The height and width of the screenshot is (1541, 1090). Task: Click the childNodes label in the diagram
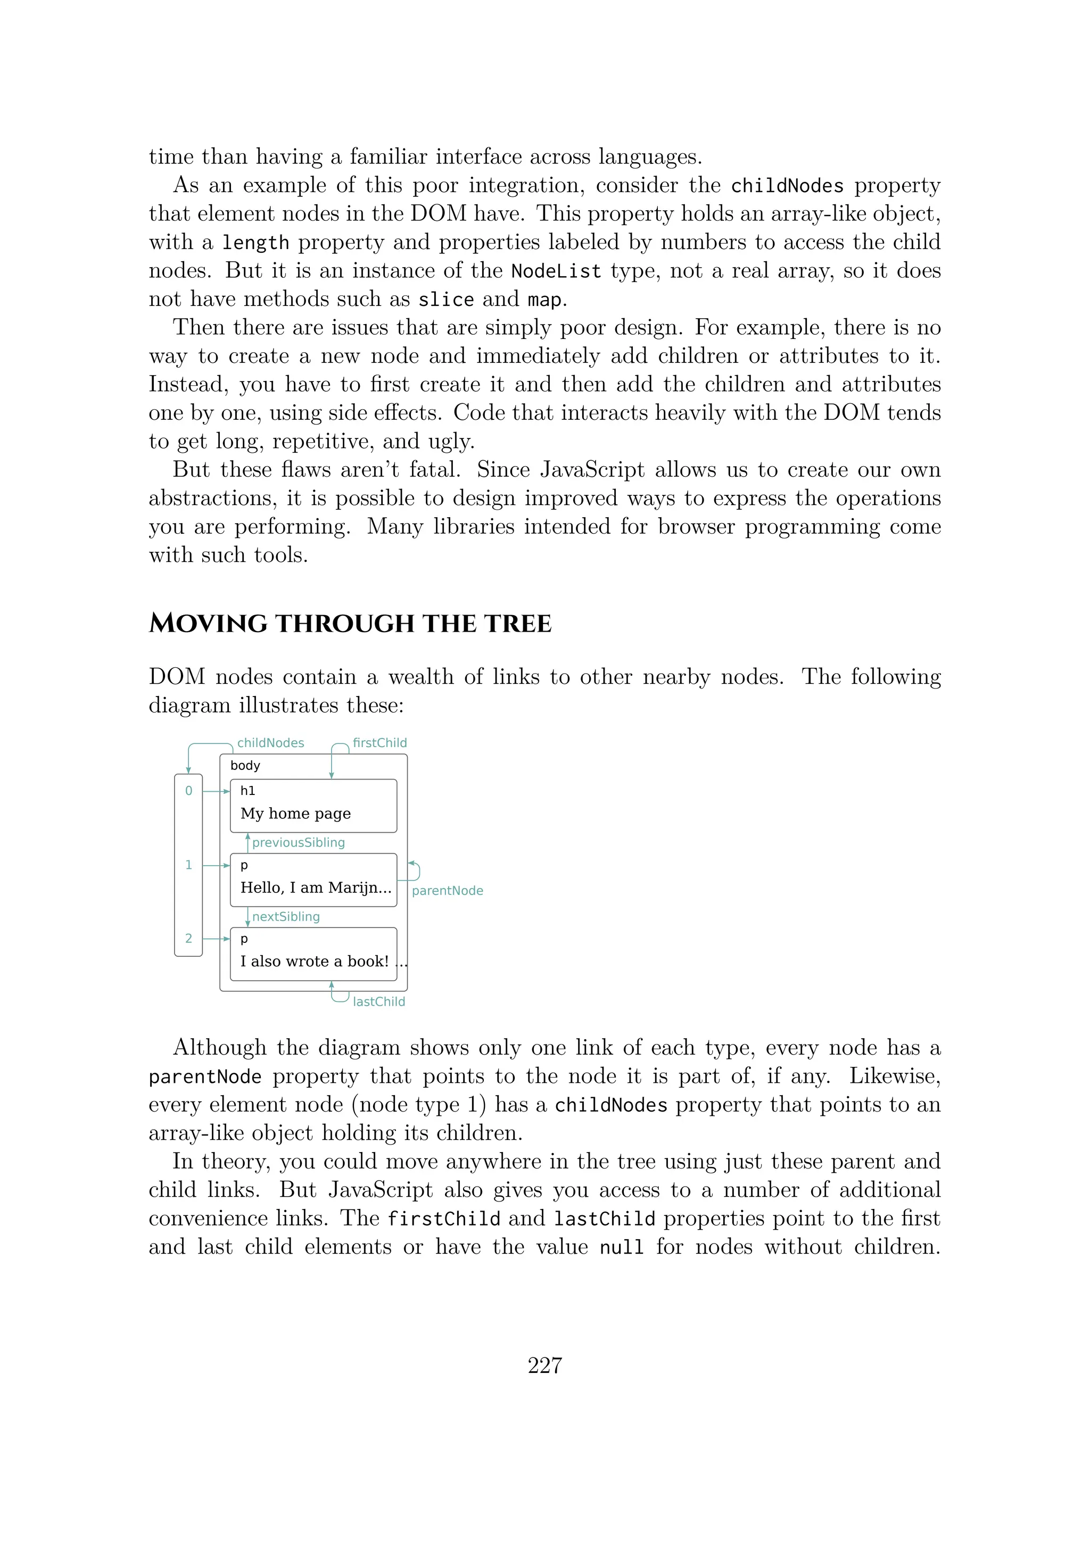point(270,743)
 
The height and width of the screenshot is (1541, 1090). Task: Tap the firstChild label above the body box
point(379,743)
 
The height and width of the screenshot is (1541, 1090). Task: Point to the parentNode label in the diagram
point(447,891)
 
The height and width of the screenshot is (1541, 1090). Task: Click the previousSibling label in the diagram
point(298,842)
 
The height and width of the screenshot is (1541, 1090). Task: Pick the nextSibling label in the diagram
point(286,916)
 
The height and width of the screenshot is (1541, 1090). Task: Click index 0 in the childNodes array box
point(188,791)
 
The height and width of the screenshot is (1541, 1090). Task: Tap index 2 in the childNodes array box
point(188,938)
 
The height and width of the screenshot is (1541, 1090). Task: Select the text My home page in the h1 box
point(295,814)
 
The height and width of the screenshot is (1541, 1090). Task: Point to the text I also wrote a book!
point(314,961)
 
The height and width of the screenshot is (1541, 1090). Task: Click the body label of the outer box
point(245,766)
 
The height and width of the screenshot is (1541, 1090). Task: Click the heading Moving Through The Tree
point(350,624)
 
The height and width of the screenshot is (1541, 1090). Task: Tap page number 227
point(544,1365)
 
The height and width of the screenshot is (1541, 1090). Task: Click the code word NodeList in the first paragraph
point(556,271)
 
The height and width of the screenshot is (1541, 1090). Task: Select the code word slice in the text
point(445,300)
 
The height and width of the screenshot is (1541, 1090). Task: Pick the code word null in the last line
point(622,1248)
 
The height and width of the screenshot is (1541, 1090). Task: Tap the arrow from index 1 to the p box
point(216,865)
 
